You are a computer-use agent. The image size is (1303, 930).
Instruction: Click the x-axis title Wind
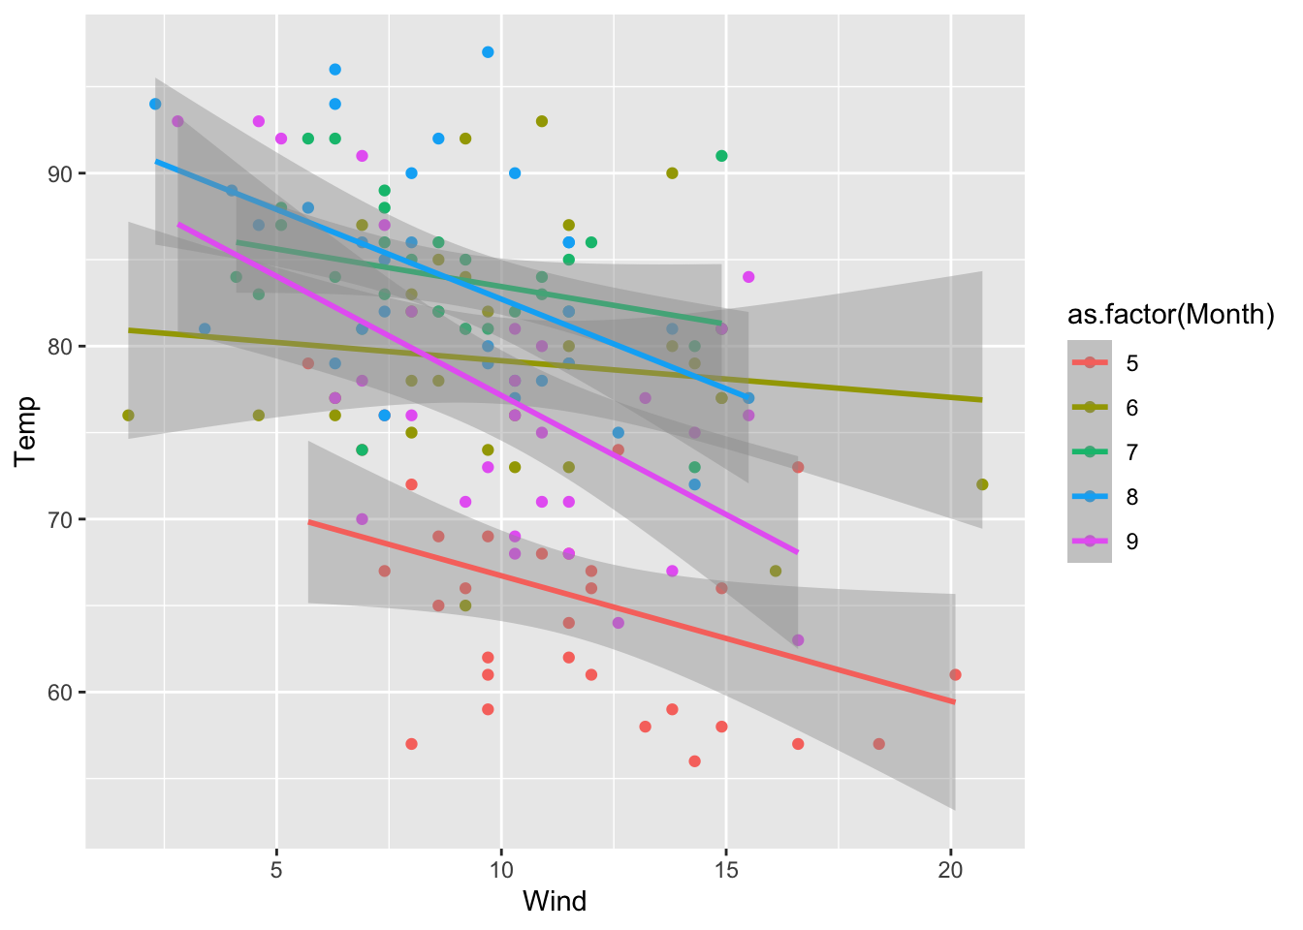[x=555, y=902]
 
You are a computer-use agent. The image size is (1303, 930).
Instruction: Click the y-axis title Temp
[x=26, y=432]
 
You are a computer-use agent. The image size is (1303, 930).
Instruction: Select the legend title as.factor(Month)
[x=1170, y=315]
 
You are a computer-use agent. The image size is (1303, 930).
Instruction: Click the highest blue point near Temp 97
[x=488, y=52]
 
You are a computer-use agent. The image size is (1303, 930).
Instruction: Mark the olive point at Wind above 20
[x=982, y=484]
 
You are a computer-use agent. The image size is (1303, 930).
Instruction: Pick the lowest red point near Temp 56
[x=694, y=761]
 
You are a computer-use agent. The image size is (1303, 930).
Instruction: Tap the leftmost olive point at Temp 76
[x=128, y=416]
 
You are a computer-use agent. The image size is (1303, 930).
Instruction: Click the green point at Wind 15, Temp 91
[x=721, y=156]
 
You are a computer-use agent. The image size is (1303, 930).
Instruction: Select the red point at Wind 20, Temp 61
[x=955, y=674]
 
